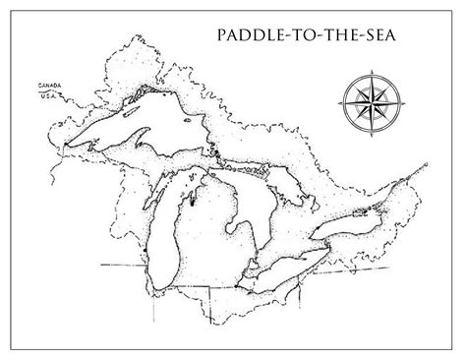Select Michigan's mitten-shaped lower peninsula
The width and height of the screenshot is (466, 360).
click(x=221, y=231)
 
